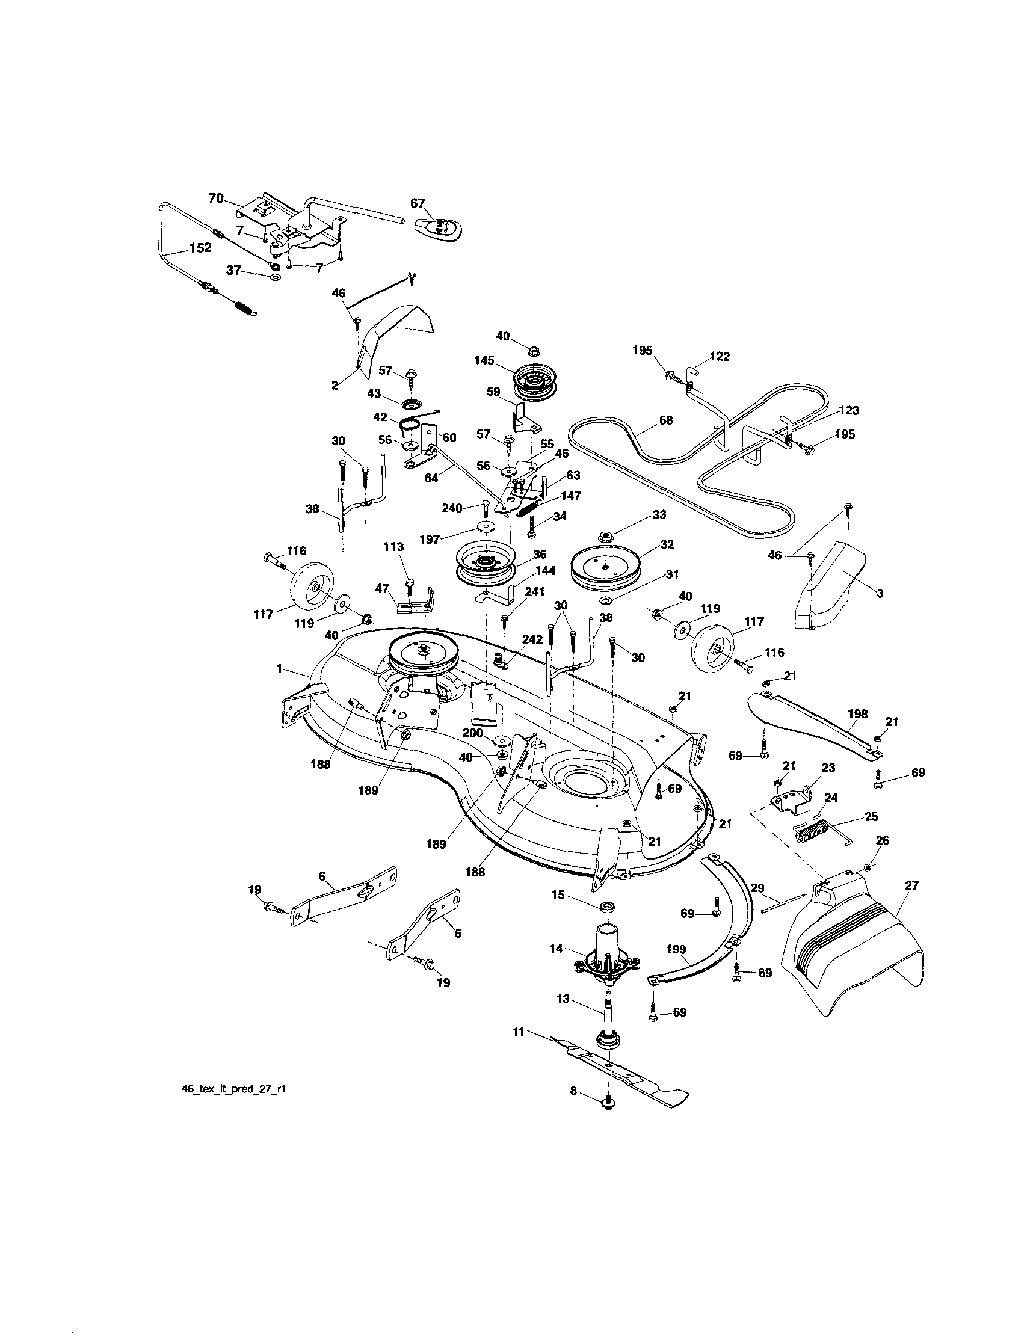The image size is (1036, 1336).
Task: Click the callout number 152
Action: pos(200,248)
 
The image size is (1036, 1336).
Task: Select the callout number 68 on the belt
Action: pos(665,420)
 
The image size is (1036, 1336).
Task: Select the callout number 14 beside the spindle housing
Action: pos(556,949)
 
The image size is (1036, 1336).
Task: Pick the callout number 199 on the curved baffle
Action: pos(676,949)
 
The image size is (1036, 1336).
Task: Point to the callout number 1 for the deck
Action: pos(279,670)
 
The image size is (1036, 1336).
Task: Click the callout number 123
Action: pos(850,410)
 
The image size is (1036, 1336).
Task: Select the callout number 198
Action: pos(858,713)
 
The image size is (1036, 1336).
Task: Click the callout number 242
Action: pos(532,639)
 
